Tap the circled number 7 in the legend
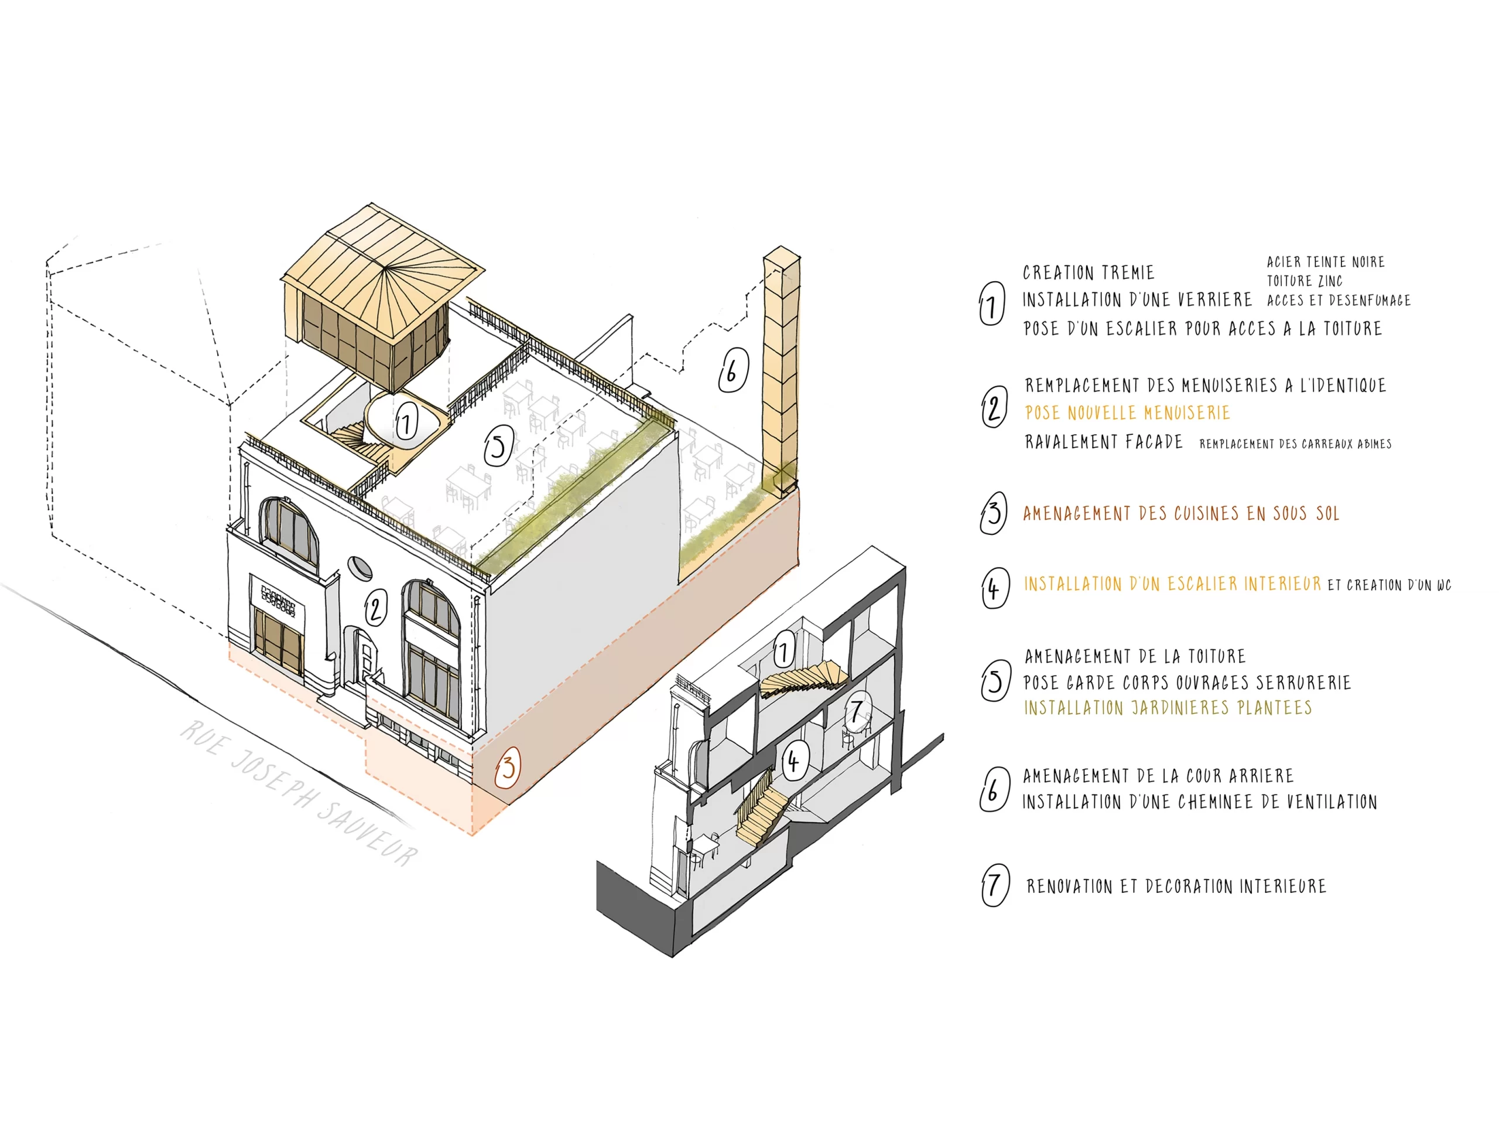tap(994, 885)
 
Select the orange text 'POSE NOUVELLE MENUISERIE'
tap(1127, 413)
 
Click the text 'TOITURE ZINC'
tap(1305, 281)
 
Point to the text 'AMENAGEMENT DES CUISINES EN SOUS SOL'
tap(1181, 513)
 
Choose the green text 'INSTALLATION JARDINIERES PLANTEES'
tap(1168, 708)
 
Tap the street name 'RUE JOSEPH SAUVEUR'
tap(298, 793)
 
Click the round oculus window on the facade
tap(360, 568)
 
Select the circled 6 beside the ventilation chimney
tap(732, 370)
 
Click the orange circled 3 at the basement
tap(507, 768)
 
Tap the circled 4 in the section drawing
tap(794, 761)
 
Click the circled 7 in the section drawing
tap(857, 712)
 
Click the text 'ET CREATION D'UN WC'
tap(1390, 585)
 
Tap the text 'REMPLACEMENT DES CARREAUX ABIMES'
tap(1295, 444)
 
